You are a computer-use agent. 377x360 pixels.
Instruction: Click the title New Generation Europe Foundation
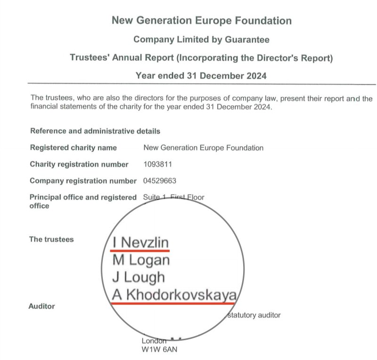(x=201, y=21)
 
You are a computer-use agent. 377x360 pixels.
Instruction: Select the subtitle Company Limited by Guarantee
(x=201, y=40)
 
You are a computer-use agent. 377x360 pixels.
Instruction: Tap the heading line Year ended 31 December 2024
(x=201, y=75)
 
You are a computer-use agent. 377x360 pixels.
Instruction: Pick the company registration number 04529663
(x=160, y=181)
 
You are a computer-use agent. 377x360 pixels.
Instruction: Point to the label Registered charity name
(x=73, y=148)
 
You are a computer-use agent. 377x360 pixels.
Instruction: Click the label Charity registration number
(x=79, y=165)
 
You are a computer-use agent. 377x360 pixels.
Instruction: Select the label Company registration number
(x=83, y=181)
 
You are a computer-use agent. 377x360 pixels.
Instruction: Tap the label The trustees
(x=51, y=239)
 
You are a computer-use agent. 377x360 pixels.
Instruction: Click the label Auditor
(x=42, y=306)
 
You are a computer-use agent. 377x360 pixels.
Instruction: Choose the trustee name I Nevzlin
(x=140, y=243)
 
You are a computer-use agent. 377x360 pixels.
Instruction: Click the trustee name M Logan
(x=141, y=260)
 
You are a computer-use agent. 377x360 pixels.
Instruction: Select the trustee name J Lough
(x=139, y=277)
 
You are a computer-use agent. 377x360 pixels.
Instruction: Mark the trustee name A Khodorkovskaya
(x=173, y=295)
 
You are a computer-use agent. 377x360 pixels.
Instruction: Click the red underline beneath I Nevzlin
(x=140, y=251)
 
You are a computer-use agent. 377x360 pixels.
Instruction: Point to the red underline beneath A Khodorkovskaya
(x=173, y=303)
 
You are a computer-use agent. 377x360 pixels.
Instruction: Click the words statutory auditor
(x=254, y=315)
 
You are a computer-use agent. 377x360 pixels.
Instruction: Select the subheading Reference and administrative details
(x=95, y=131)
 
